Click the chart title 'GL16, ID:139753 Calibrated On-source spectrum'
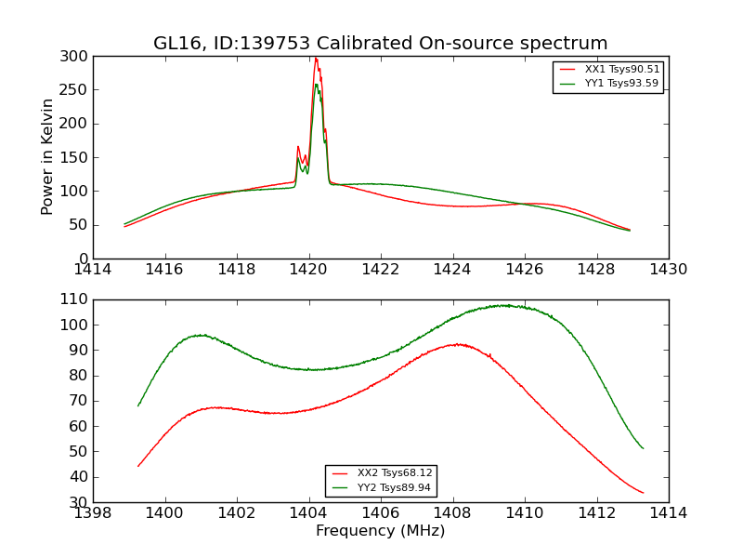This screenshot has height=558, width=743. tap(381, 44)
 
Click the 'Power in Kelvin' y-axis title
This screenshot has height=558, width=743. tap(48, 157)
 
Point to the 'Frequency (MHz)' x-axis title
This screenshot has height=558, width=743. tap(381, 531)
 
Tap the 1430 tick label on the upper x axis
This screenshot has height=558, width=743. tap(668, 270)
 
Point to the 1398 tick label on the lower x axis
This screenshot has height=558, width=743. tap(94, 513)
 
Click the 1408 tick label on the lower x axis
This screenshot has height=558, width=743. tap(453, 513)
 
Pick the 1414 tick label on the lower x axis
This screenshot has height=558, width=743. tap(668, 513)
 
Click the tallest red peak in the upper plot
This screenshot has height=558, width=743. tap(316, 59)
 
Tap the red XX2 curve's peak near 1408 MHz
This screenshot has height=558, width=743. tap(457, 344)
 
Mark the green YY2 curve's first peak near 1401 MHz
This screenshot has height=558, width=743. tap(200, 335)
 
